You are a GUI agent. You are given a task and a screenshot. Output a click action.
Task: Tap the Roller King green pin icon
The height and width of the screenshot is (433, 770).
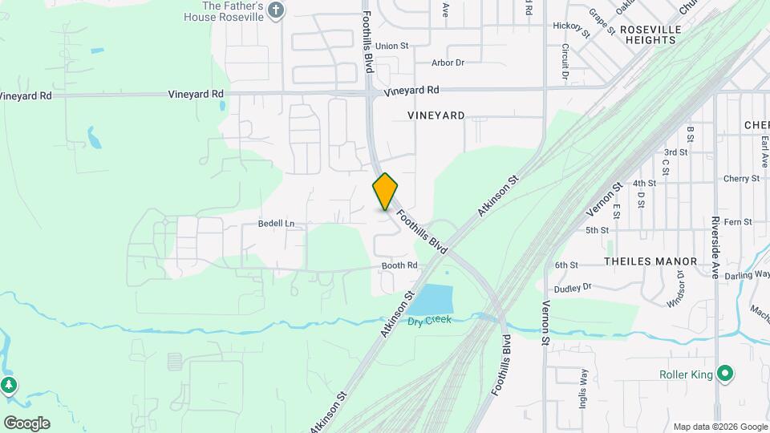[725, 374]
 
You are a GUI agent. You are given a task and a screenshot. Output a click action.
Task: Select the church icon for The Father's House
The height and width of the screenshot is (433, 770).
[277, 10]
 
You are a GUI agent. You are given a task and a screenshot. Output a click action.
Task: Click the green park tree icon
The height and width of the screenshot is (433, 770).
[9, 386]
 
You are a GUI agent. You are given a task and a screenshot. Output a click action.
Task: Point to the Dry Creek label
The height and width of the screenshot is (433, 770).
[429, 320]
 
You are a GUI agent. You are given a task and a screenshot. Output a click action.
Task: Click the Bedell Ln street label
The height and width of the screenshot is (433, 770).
[277, 223]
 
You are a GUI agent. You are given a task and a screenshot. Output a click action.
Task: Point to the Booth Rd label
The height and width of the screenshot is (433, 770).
[399, 265]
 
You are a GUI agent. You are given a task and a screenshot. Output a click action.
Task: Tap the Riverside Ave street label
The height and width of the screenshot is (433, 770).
[716, 241]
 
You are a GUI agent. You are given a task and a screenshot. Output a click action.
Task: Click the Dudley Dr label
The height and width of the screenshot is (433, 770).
[573, 286]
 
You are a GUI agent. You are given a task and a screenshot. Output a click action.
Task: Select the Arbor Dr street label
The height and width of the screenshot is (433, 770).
[448, 63]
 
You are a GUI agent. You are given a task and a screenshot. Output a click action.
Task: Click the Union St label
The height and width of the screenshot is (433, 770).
[392, 47]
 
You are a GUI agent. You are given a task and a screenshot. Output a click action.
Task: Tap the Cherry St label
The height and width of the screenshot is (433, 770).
[736, 179]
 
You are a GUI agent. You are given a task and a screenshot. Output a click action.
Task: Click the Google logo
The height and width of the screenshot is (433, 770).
[26, 423]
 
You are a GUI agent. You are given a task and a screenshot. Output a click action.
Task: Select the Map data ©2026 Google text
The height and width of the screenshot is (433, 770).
[719, 427]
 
